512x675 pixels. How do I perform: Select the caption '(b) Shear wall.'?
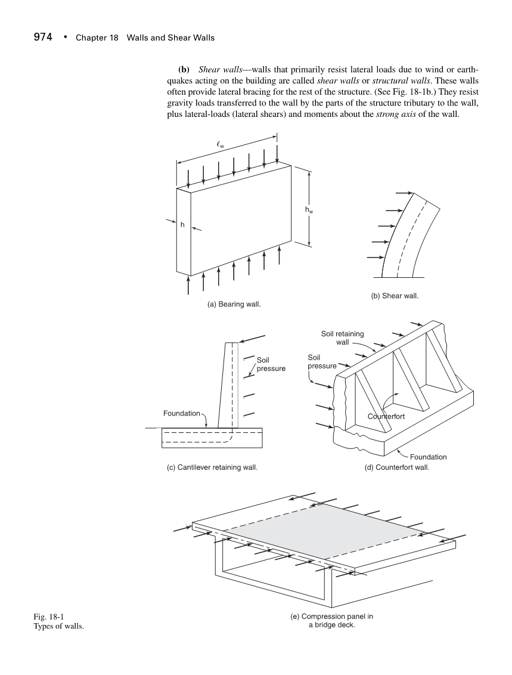(x=394, y=295)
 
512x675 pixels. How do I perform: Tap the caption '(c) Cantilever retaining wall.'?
(x=212, y=467)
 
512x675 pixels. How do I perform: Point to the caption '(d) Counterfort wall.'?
(x=397, y=467)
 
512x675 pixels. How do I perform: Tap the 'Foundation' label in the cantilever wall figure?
(x=182, y=413)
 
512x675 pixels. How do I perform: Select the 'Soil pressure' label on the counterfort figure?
(x=321, y=361)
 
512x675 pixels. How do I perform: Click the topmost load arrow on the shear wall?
(x=403, y=193)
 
